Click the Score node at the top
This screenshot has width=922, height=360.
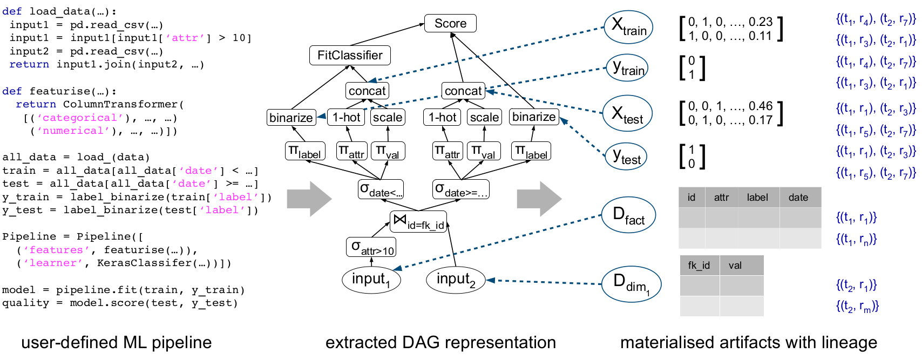point(450,23)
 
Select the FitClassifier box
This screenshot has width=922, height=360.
point(350,55)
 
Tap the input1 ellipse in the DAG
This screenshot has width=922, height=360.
point(371,280)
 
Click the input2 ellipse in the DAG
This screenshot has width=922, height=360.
point(456,280)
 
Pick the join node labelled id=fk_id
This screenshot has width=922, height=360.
point(418,222)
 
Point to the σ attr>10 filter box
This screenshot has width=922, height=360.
point(371,247)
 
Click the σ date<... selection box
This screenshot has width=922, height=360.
point(381,189)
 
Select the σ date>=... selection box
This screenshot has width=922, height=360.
point(461,189)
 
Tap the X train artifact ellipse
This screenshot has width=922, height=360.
point(628,27)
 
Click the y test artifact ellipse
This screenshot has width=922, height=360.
point(626,156)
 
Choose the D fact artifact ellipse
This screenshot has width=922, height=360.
point(628,215)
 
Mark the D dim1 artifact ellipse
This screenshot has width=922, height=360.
point(632,284)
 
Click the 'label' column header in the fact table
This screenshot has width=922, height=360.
point(757,198)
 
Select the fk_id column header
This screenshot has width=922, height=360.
point(699,266)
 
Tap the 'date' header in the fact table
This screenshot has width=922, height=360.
point(798,198)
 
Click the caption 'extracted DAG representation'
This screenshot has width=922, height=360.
point(440,342)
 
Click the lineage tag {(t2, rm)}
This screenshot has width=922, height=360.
point(857,307)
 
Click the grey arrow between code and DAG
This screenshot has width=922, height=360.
point(309,199)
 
